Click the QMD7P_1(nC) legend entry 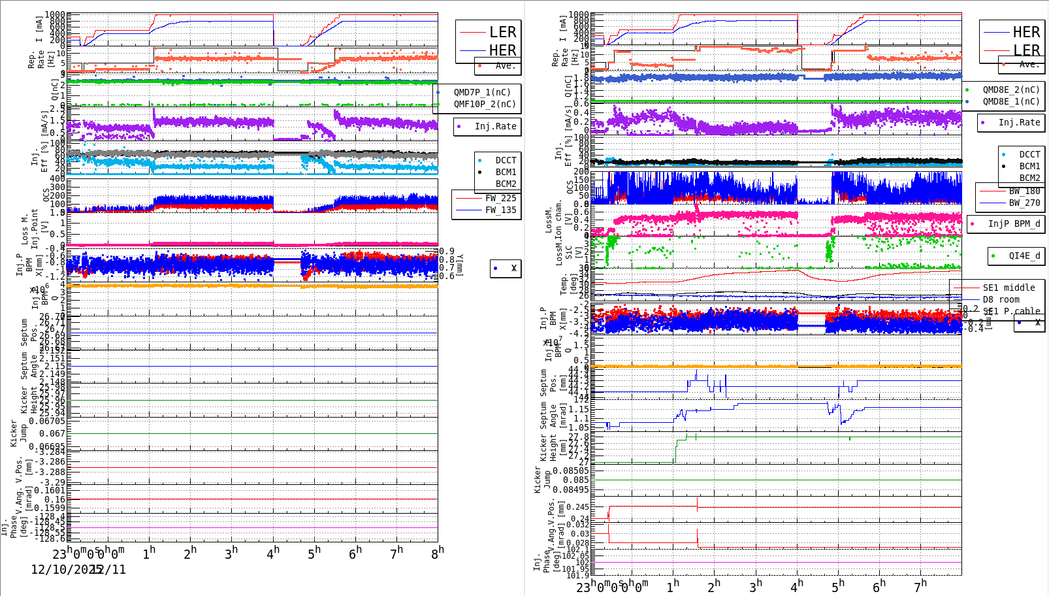click(x=482, y=92)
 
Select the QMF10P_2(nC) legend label click(x=484, y=104)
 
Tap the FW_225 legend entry click(x=500, y=198)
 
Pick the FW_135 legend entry click(x=500, y=210)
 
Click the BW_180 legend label click(x=1024, y=191)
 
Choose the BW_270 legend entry click(x=1024, y=203)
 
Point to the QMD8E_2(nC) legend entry click(x=1010, y=90)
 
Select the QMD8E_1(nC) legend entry click(x=1010, y=101)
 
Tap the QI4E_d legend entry click(x=1024, y=256)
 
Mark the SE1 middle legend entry click(x=1009, y=288)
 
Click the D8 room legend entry click(x=1001, y=299)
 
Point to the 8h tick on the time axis click(x=437, y=553)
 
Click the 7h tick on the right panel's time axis click(x=920, y=586)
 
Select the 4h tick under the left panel click(x=273, y=553)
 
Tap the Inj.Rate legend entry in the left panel click(x=495, y=126)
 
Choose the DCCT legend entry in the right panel click(x=1029, y=154)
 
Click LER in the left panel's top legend click(x=502, y=32)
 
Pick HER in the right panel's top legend click(x=1026, y=32)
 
